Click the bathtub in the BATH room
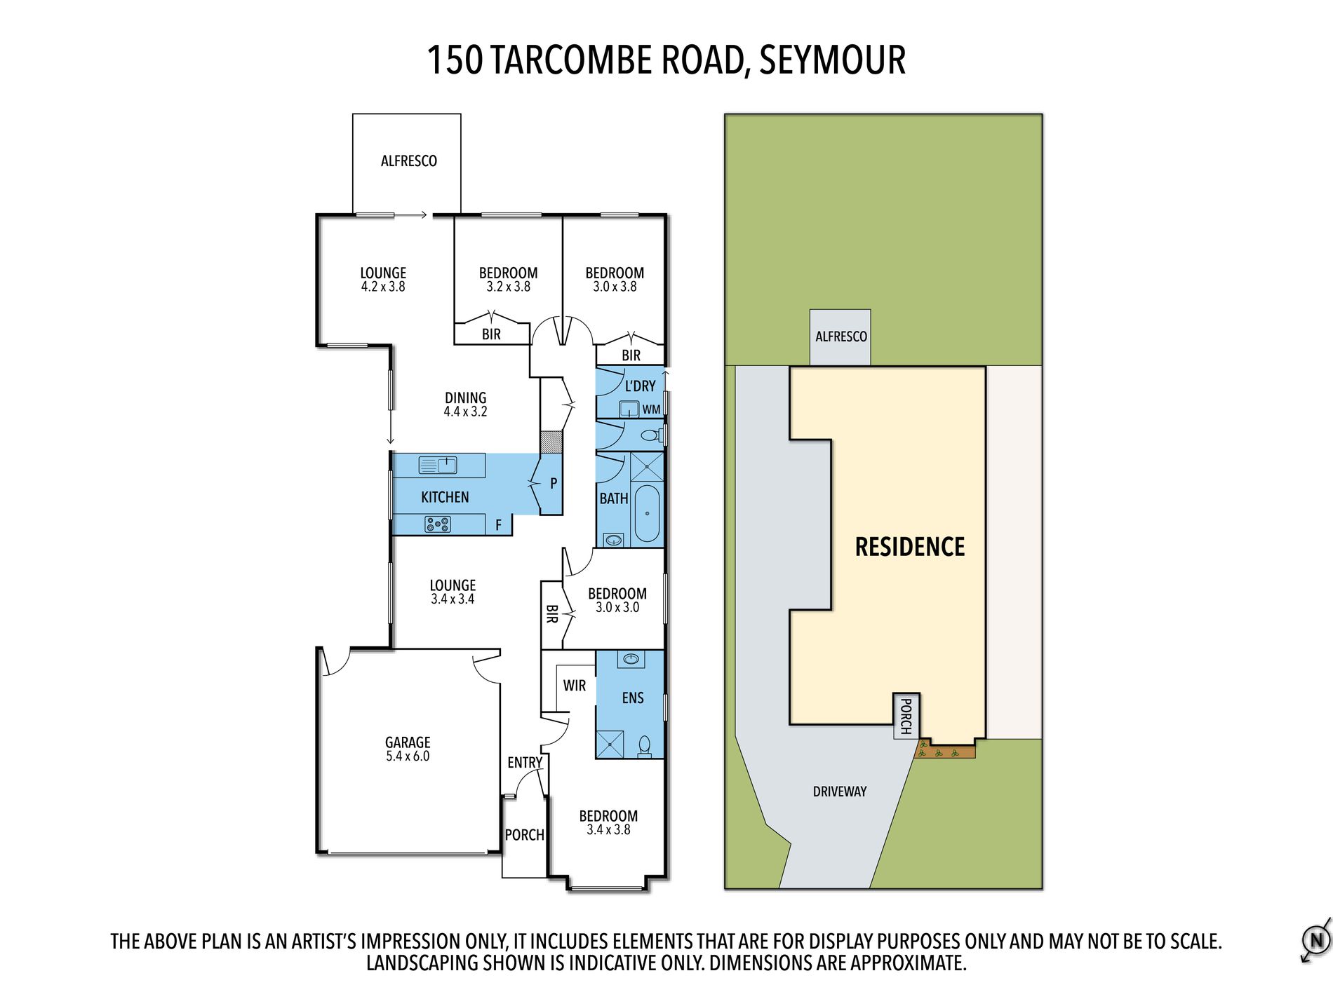(x=647, y=512)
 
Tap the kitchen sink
(x=438, y=464)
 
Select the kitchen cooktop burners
(x=438, y=524)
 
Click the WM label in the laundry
(x=651, y=409)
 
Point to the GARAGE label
(x=408, y=742)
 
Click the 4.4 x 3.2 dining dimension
(x=465, y=412)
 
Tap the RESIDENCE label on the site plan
(x=910, y=547)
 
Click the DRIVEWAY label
(x=840, y=791)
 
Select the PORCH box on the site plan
(x=906, y=716)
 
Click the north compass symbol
(x=1316, y=939)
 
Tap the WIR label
(x=575, y=686)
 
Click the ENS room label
(x=633, y=698)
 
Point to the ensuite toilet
(x=644, y=745)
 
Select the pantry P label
(x=554, y=483)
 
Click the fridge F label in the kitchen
(x=499, y=524)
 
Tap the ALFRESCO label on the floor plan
(x=409, y=161)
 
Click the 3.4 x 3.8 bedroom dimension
(x=608, y=829)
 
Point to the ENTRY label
(x=525, y=763)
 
